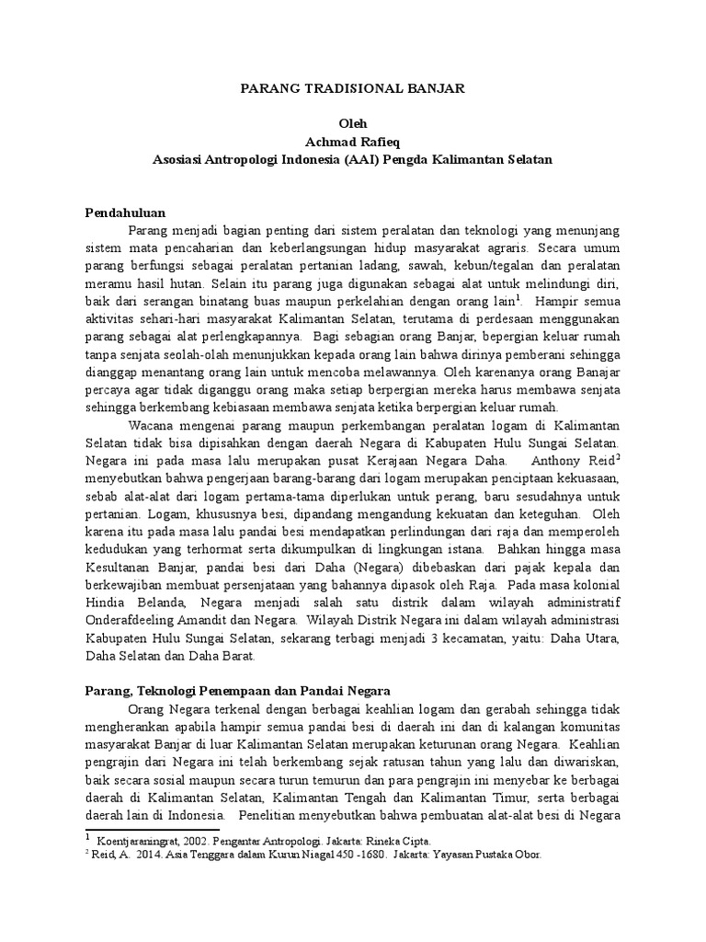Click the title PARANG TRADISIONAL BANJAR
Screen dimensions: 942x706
353,89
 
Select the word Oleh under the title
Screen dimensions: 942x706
353,123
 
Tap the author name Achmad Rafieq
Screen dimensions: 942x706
353,141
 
